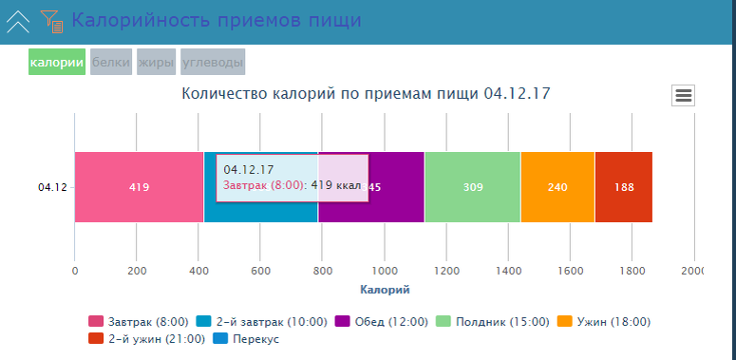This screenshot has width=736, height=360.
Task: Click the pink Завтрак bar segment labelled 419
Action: (139, 187)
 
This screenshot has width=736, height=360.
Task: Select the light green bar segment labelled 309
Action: (472, 187)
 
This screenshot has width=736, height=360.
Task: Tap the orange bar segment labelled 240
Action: (557, 187)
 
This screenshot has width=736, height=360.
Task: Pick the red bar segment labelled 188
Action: (624, 187)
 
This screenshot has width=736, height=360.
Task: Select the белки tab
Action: (111, 62)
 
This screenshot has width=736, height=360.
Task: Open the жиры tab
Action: (157, 62)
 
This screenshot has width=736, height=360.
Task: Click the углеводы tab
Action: (213, 62)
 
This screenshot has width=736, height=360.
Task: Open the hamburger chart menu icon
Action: (684, 95)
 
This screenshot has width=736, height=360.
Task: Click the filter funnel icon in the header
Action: (51, 20)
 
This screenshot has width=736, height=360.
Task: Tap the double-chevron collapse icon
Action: (18, 20)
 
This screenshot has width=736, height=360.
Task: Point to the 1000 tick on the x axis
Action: (385, 271)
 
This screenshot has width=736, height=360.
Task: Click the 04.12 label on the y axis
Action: (52, 187)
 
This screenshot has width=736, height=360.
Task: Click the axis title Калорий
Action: (386, 289)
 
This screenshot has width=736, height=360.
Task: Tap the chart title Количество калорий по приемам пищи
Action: (367, 94)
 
